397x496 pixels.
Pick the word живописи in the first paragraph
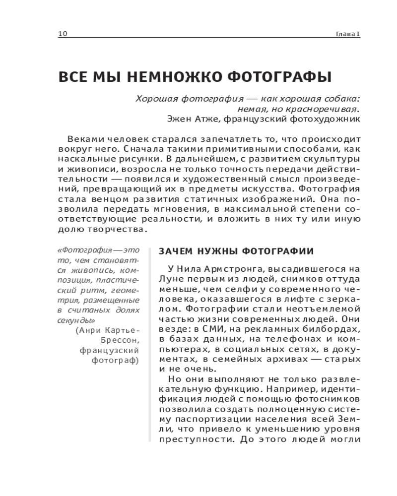[x=90, y=170]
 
